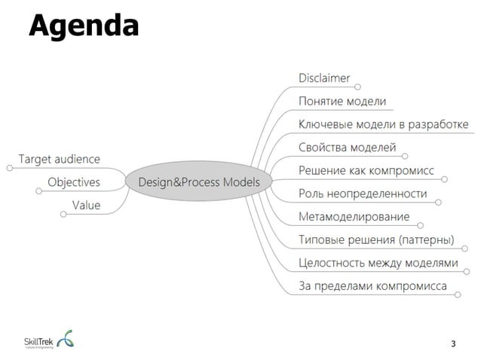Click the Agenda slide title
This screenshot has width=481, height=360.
click(84, 25)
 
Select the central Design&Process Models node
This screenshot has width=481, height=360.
click(198, 182)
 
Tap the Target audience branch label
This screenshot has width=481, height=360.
click(59, 159)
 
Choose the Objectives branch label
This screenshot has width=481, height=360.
click(74, 182)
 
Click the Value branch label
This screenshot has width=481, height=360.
click(86, 205)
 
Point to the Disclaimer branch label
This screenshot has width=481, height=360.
click(324, 78)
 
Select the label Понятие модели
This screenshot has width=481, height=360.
click(342, 101)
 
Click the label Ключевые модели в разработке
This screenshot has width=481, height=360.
click(383, 124)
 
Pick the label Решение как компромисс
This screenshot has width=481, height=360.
click(366, 171)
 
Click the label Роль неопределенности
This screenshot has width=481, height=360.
click(363, 194)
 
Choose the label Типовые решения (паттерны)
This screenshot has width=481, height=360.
click(376, 240)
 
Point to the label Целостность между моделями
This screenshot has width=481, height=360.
click(378, 263)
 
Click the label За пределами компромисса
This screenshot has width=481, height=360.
click(372, 286)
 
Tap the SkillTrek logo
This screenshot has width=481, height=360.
click(50, 339)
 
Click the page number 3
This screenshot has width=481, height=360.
click(453, 344)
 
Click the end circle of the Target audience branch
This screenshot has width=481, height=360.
click(9, 168)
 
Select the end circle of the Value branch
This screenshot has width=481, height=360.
click(63, 215)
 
